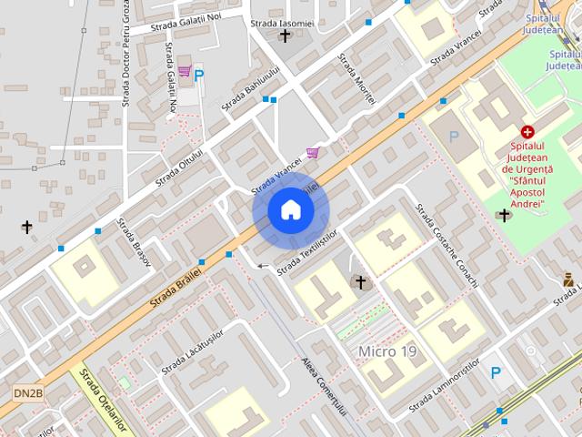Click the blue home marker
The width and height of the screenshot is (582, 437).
(x=290, y=210)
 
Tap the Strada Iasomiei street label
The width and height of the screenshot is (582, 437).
(x=283, y=23)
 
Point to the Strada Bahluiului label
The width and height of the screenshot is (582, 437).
(x=251, y=89)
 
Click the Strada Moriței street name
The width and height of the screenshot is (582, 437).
(x=356, y=79)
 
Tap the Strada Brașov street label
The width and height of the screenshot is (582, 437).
(x=133, y=243)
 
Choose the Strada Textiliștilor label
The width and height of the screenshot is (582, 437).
(x=307, y=252)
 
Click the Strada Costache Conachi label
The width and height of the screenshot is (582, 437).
(x=447, y=245)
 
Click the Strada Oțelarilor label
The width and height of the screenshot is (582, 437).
(x=105, y=401)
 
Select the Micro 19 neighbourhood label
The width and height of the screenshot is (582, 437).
(x=387, y=351)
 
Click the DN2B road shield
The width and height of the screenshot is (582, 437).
(x=27, y=392)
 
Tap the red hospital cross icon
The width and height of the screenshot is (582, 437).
(x=527, y=132)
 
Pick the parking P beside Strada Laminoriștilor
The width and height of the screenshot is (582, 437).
(x=496, y=372)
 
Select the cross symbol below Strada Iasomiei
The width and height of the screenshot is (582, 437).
(x=286, y=36)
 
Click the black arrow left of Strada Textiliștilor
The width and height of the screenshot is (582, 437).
(x=264, y=266)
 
